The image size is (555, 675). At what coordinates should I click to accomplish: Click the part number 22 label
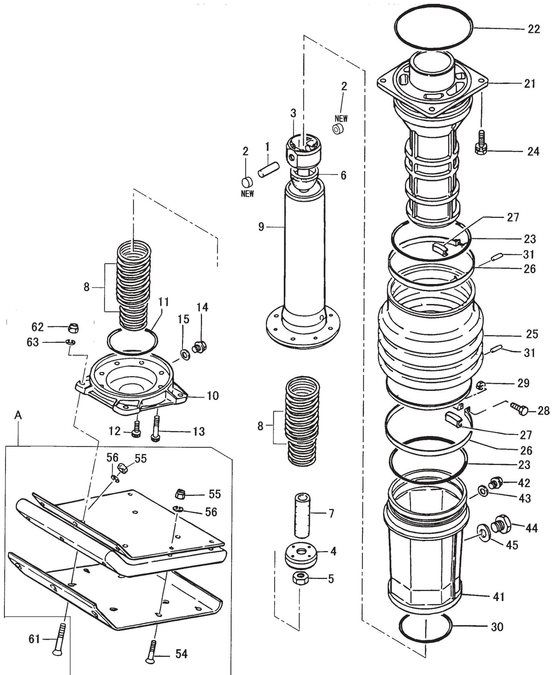pyautogui.click(x=533, y=29)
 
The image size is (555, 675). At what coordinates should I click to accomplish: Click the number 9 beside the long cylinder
pyautogui.click(x=261, y=227)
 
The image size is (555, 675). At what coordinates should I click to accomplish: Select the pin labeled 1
pyautogui.click(x=268, y=170)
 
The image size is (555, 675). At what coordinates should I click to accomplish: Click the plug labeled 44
pyautogui.click(x=500, y=524)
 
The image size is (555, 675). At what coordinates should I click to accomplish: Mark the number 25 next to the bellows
pyautogui.click(x=532, y=334)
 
